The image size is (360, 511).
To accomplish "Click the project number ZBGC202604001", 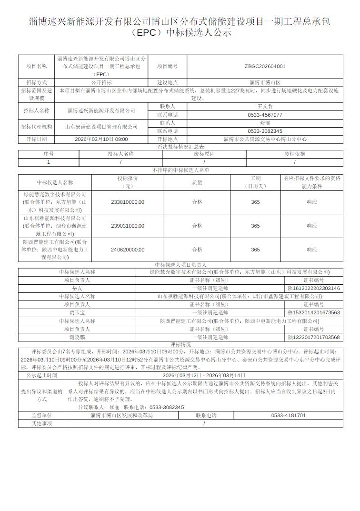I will click(x=265, y=67).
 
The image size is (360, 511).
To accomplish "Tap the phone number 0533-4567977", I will click(x=265, y=115).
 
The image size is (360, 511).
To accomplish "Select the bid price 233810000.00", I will click(x=127, y=202).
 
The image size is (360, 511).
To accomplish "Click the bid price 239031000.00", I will click(x=127, y=226).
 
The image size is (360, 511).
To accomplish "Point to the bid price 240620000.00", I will click(x=127, y=250).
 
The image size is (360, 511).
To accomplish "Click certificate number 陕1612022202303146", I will click(x=314, y=288).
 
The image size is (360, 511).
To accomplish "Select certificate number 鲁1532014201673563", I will click(x=314, y=312).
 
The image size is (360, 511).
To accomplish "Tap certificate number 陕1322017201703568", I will click(x=314, y=337).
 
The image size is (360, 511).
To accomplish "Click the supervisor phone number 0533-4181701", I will click(x=289, y=415).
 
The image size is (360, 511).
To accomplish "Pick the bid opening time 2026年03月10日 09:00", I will click(x=101, y=139).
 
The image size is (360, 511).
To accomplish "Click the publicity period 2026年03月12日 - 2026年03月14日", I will click(x=203, y=375).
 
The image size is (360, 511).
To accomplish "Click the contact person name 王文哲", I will click(x=265, y=107).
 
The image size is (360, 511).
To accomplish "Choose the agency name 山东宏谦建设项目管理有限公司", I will click(x=101, y=127).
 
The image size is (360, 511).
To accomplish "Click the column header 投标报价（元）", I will click(x=127, y=182).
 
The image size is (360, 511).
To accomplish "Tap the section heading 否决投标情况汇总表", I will click(x=180, y=147).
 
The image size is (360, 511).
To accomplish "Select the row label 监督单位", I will click(x=41, y=415).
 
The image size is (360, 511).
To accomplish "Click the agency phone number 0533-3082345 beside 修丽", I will click(x=265, y=131).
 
